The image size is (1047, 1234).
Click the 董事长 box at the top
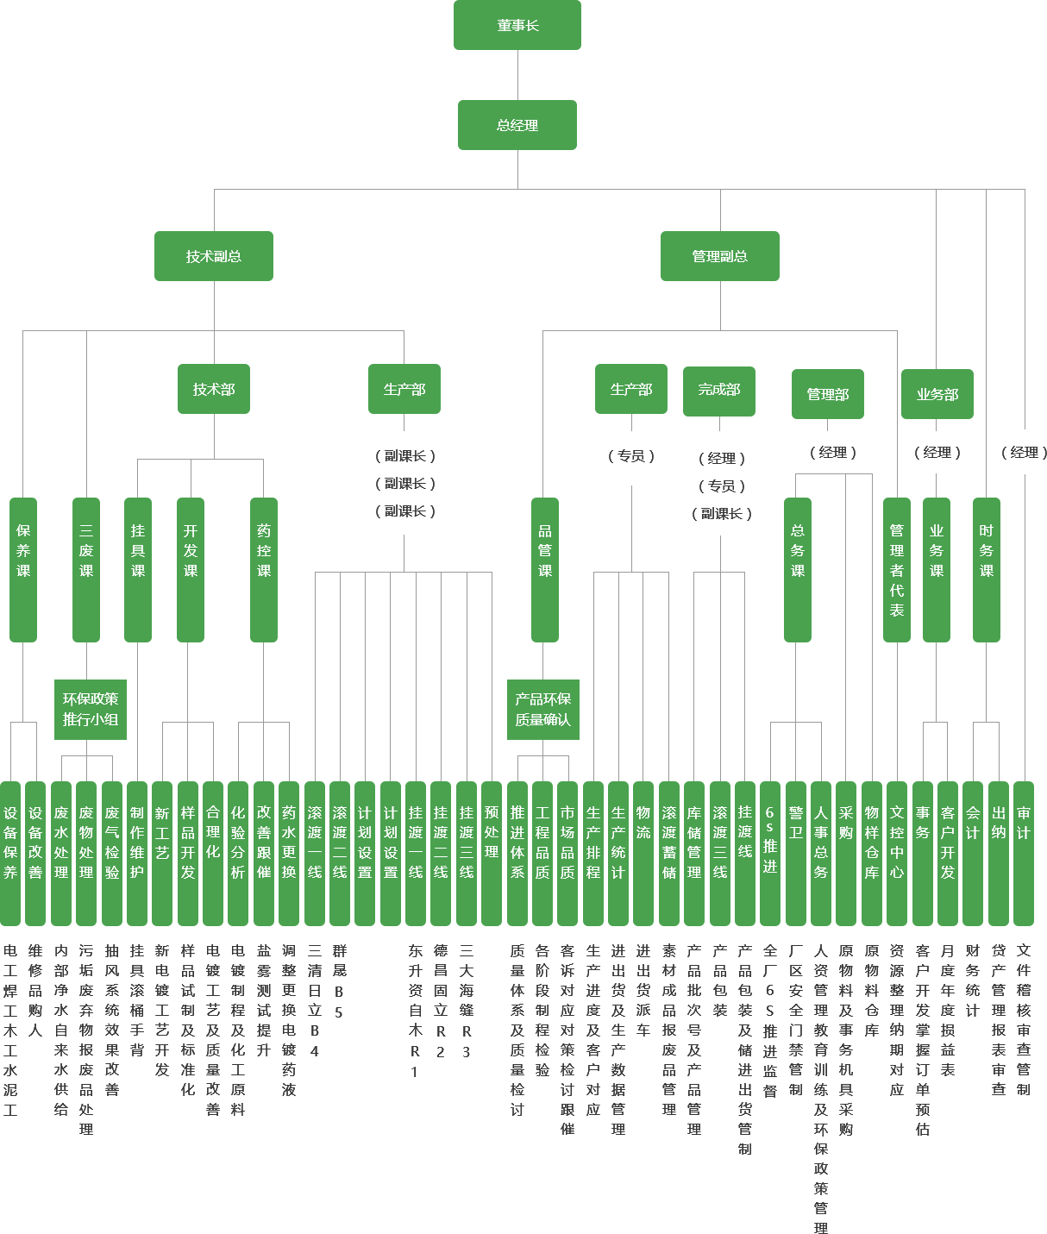pyautogui.click(x=517, y=25)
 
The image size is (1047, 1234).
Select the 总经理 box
pyautogui.click(x=517, y=125)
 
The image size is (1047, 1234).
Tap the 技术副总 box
pyautogui.click(x=214, y=256)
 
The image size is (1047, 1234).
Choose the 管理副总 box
pyautogui.click(x=720, y=256)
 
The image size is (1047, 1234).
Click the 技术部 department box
pyautogui.click(x=214, y=389)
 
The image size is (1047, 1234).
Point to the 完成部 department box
pyautogui.click(x=719, y=390)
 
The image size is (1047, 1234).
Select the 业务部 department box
pyautogui.click(x=937, y=394)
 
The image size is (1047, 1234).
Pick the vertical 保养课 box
pyautogui.click(x=23, y=569)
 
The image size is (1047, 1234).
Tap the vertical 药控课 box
pyautogui.click(x=264, y=569)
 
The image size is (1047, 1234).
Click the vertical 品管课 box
pyautogui.click(x=545, y=569)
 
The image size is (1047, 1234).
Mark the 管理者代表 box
pyautogui.click(x=897, y=569)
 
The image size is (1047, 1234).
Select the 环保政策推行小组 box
pyautogui.click(x=91, y=709)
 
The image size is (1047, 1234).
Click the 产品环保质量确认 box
pyautogui.click(x=543, y=709)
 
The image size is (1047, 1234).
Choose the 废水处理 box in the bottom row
pyautogui.click(x=61, y=853)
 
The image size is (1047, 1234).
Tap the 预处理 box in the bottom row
pyautogui.click(x=492, y=853)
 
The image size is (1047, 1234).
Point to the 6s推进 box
pyautogui.click(x=770, y=853)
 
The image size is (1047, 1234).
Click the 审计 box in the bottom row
pyautogui.click(x=1024, y=853)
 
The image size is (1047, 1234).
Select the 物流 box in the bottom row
pyautogui.click(x=643, y=853)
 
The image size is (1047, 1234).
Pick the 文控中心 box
pyautogui.click(x=897, y=853)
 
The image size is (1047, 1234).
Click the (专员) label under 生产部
pyautogui.click(x=631, y=455)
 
